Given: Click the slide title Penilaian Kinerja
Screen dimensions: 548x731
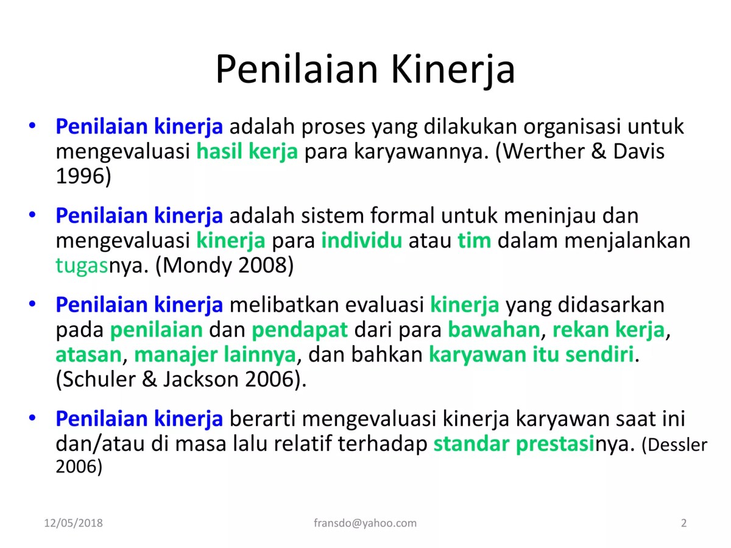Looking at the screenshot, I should (365, 69).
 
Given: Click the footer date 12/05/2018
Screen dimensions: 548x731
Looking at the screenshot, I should (74, 523).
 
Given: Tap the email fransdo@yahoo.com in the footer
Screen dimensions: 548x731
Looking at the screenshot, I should (365, 523).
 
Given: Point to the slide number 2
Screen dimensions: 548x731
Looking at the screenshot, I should (683, 523).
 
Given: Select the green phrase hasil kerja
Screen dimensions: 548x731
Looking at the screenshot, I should (247, 152).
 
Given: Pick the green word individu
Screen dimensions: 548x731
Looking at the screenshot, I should (362, 241).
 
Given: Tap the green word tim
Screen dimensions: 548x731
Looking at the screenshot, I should (474, 241).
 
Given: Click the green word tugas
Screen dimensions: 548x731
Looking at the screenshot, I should (82, 266).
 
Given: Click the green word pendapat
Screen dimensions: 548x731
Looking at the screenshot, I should (300, 330).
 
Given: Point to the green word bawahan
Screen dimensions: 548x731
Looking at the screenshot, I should (493, 330).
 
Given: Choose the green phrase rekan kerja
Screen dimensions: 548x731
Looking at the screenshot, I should (608, 330).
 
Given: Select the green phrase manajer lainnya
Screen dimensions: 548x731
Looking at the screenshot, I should (214, 355).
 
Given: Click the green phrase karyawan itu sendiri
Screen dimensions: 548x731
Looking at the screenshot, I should (531, 355).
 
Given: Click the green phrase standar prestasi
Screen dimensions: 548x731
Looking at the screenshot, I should (514, 444).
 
